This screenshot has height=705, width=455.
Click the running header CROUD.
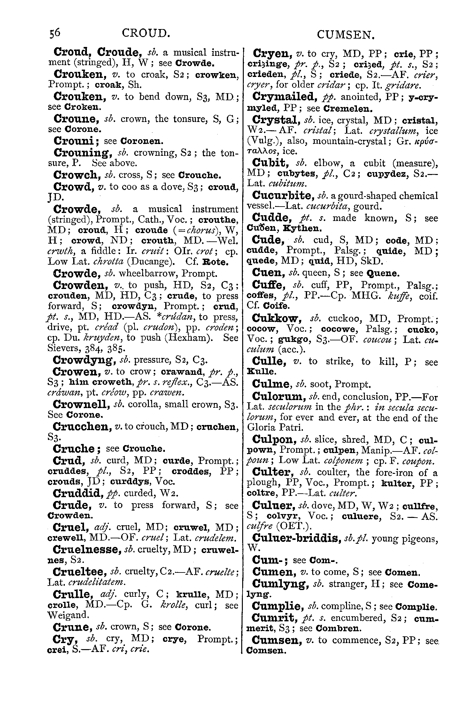pyautogui.click(x=145, y=34)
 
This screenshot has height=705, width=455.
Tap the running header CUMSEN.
pyautogui.click(x=345, y=34)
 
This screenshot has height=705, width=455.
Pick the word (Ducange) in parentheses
pyautogui.click(x=149, y=262)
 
